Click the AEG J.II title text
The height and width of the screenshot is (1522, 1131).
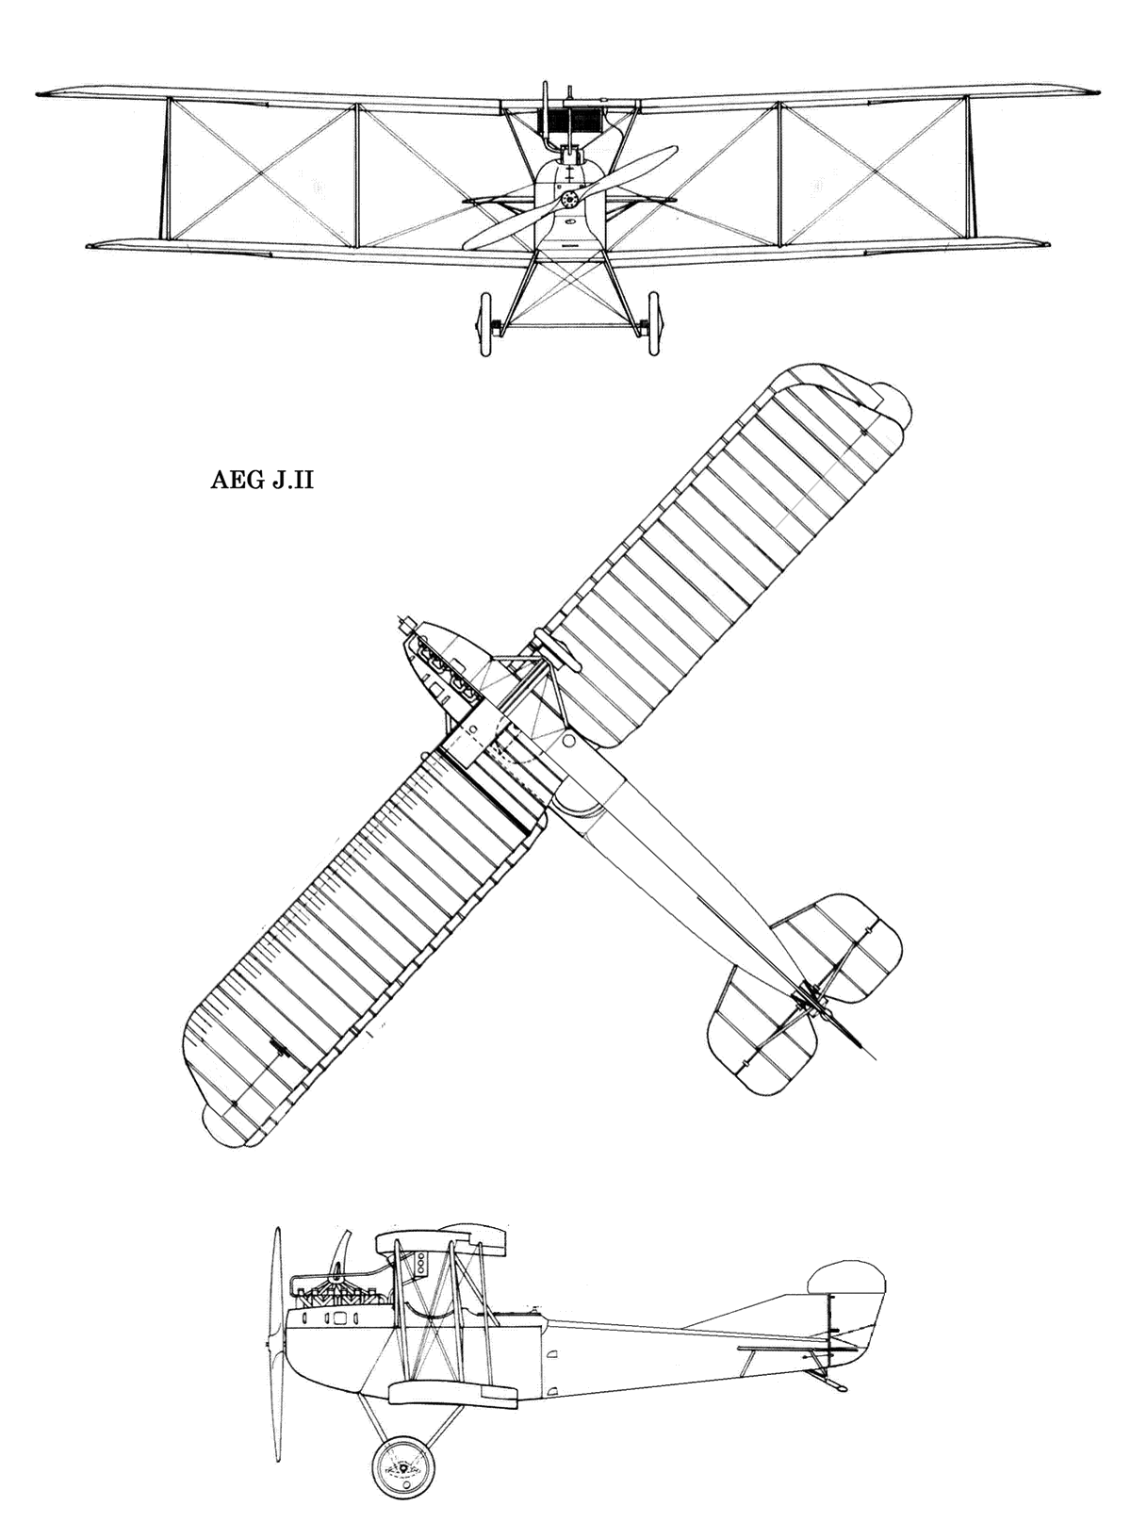pyautogui.click(x=261, y=481)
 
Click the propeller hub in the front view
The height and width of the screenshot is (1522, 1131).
pyautogui.click(x=569, y=200)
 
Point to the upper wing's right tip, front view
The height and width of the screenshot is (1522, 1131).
pyautogui.click(x=1098, y=91)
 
